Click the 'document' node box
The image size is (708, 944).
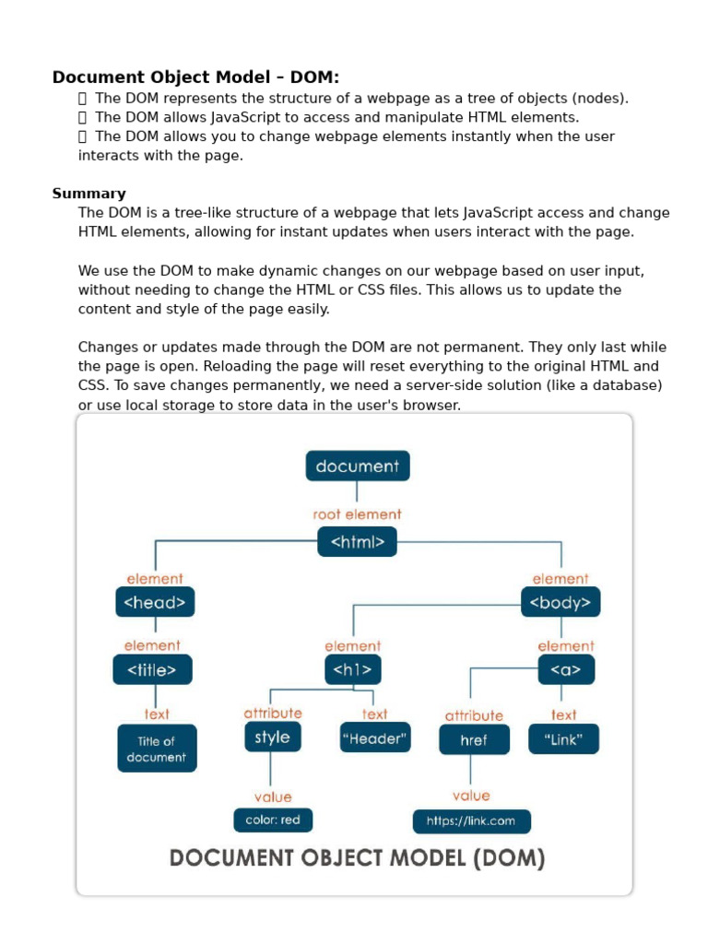pyautogui.click(x=357, y=466)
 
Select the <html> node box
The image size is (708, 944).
pyautogui.click(x=357, y=542)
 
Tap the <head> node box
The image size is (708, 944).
pyautogui.click(x=155, y=603)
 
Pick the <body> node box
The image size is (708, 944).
pyautogui.click(x=560, y=603)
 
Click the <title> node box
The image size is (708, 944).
pyautogui.click(x=152, y=670)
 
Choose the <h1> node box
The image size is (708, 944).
pyautogui.click(x=352, y=670)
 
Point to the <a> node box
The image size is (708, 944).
pyautogui.click(x=566, y=670)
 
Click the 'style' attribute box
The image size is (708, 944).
pyautogui.click(x=272, y=737)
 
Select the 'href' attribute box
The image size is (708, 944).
pyautogui.click(x=474, y=740)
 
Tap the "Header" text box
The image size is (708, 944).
pyautogui.click(x=374, y=737)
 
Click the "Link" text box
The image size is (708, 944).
pyautogui.click(x=563, y=739)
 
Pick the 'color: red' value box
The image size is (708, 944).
pyautogui.click(x=273, y=820)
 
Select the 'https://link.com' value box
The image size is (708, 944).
pyautogui.click(x=471, y=820)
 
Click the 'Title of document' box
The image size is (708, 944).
pyautogui.click(x=157, y=749)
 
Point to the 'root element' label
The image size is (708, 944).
pyautogui.click(x=357, y=514)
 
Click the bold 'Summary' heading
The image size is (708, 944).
pyautogui.click(x=88, y=194)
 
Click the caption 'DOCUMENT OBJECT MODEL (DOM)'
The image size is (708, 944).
pyautogui.click(x=357, y=859)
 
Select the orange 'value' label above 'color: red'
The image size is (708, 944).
pyautogui.click(x=272, y=796)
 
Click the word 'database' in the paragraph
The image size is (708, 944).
pyautogui.click(x=632, y=385)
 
